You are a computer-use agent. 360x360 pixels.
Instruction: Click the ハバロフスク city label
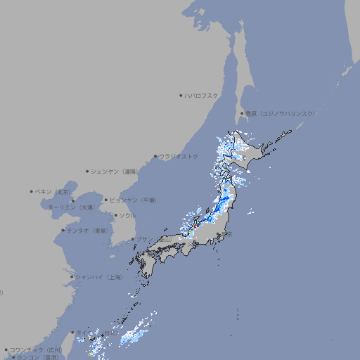(x=202, y=95)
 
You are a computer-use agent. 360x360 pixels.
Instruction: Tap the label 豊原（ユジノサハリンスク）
(x=280, y=113)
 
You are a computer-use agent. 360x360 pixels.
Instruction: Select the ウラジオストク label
(x=179, y=156)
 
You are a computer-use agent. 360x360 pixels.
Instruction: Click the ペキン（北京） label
(x=54, y=191)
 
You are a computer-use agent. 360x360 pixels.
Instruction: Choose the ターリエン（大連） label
(x=70, y=207)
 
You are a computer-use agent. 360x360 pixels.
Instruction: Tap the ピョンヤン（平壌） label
(x=134, y=200)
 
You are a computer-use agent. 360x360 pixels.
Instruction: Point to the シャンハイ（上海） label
(x=99, y=277)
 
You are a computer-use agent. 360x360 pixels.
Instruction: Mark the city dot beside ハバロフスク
(x=181, y=95)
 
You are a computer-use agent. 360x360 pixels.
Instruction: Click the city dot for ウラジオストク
(x=155, y=156)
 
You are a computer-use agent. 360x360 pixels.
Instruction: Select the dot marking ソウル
(x=115, y=215)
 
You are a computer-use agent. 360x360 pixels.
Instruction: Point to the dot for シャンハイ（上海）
(x=72, y=277)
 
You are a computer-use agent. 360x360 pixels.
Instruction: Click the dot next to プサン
(x=132, y=239)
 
